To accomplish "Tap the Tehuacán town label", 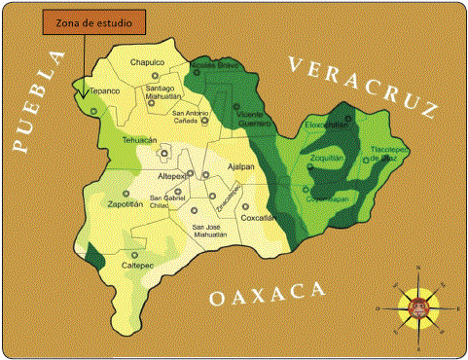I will pos(139,140).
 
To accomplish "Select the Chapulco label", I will pos(147,62).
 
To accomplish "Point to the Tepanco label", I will pos(104,90).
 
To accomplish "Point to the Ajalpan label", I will pos(239,166).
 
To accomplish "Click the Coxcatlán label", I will pos(258,218).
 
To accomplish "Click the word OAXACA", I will pos(266,293).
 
